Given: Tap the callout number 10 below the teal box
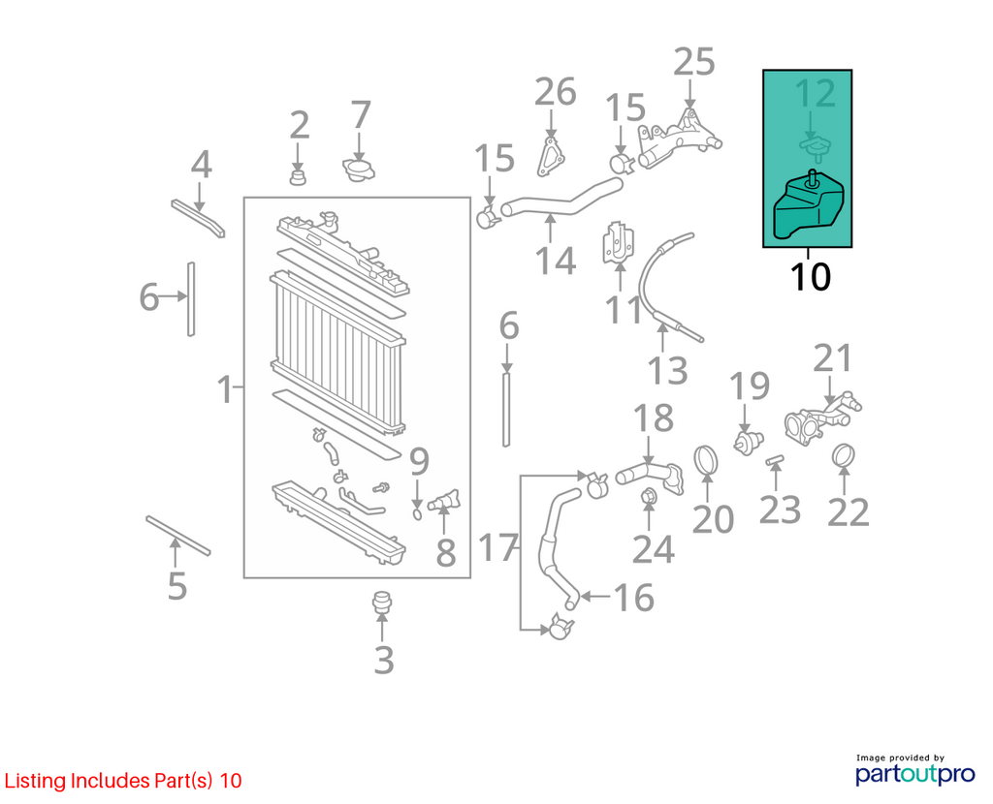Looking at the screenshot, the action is (810, 277).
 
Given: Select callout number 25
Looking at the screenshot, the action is (694, 62).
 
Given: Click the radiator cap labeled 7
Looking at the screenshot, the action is (359, 170).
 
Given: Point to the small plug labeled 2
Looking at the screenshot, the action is (298, 176).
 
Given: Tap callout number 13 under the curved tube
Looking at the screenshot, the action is (667, 371).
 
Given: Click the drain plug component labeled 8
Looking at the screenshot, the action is (444, 501).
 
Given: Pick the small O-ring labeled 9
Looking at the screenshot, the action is (417, 513).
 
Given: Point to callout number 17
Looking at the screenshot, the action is (498, 548).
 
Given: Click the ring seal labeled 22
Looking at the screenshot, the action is (844, 456).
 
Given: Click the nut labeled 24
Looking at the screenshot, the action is (648, 498).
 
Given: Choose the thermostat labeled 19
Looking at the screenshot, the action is (748, 441).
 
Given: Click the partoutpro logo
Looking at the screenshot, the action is (915, 774).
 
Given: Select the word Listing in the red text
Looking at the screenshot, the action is (36, 781).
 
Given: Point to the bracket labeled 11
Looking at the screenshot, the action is (618, 241).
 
